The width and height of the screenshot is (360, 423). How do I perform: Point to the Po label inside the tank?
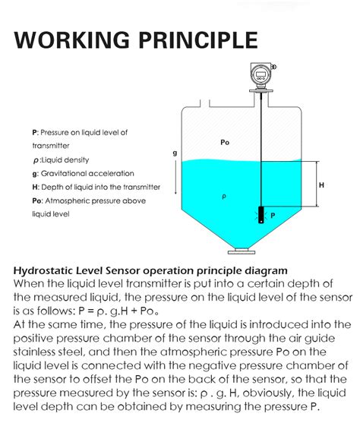[x=225, y=142]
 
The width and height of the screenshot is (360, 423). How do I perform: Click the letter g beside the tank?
[x=175, y=153]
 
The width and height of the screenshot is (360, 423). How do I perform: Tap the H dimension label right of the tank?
[x=321, y=185]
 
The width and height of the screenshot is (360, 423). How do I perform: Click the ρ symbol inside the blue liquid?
[x=223, y=195]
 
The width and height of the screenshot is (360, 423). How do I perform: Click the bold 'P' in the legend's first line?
[x=34, y=132]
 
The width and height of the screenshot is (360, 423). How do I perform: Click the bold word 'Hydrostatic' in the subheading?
[x=47, y=270]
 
